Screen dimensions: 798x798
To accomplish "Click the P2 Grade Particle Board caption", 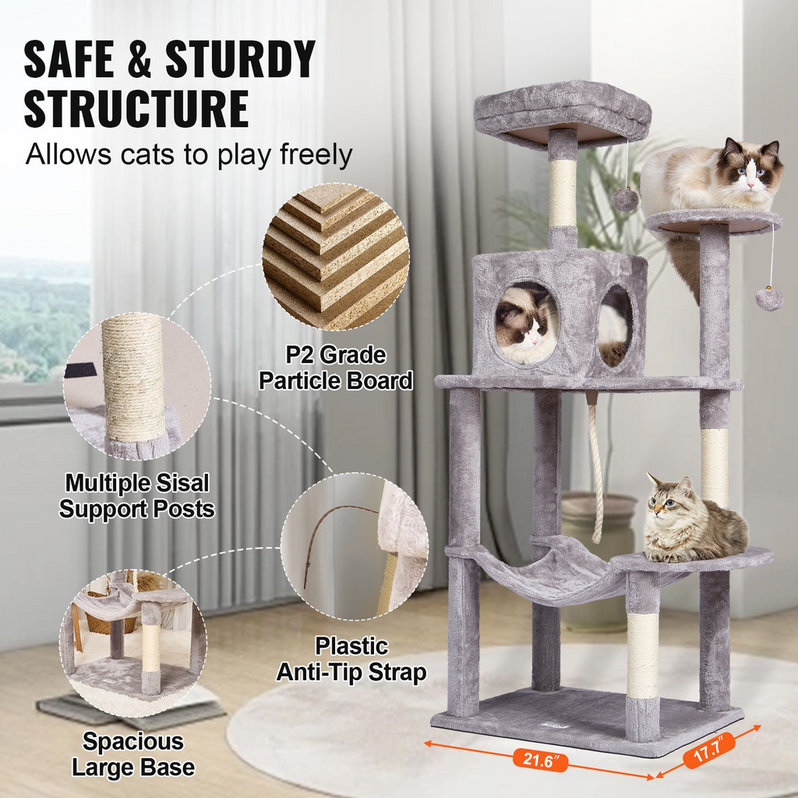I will [335, 368].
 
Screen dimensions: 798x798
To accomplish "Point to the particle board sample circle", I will [336, 256].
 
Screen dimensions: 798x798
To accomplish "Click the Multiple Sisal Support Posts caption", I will [137, 496].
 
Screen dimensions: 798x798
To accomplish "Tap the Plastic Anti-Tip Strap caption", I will [351, 659].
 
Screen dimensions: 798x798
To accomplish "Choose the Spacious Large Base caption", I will [133, 754].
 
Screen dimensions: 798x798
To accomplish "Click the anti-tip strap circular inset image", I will [355, 546].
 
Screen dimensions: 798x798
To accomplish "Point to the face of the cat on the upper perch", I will [750, 173].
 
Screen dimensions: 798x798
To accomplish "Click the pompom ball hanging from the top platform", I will [624, 199].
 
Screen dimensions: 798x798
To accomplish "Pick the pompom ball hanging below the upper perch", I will [768, 298].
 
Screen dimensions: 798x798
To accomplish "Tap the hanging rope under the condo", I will [596, 475].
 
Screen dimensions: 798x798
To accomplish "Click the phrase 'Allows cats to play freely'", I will [189, 154].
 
